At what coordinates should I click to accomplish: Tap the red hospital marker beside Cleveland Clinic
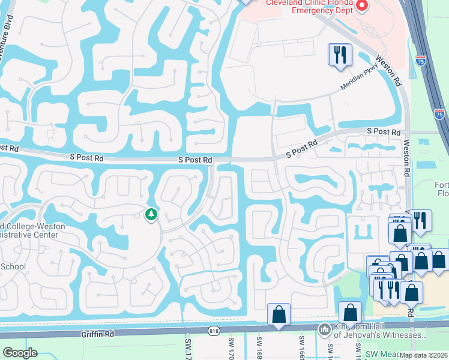click(x=361, y=6)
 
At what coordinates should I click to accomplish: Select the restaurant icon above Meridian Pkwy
click(x=340, y=55)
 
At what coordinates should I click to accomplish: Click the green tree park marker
click(x=151, y=214)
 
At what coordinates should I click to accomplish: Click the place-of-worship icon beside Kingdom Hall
click(x=325, y=329)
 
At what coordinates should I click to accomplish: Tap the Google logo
click(x=20, y=353)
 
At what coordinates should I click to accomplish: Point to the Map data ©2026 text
click(x=424, y=355)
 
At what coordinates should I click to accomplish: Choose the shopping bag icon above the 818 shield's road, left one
click(x=279, y=314)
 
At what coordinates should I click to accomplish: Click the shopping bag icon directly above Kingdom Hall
click(x=350, y=313)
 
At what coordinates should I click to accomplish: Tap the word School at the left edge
click(x=13, y=266)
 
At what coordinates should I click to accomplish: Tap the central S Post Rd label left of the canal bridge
click(x=196, y=160)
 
